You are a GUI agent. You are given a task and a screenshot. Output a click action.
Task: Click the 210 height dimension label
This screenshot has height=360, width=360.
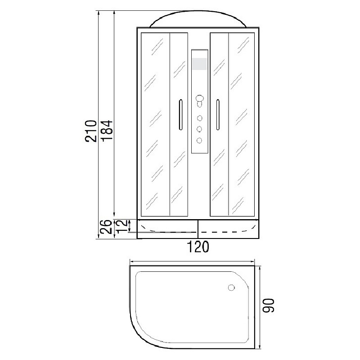(91, 131)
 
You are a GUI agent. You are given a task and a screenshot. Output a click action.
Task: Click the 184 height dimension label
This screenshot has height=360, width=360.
(107, 130)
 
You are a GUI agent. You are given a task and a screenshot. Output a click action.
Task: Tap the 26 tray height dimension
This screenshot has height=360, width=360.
(106, 227)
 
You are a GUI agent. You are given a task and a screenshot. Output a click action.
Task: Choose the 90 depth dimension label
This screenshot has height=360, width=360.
(269, 306)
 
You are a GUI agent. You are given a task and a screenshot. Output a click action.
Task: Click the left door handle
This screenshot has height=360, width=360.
(180, 115)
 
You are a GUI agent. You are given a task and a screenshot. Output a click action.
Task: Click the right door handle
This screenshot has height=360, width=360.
(218, 115)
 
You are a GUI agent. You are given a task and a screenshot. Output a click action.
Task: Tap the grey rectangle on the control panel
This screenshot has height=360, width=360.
(199, 64)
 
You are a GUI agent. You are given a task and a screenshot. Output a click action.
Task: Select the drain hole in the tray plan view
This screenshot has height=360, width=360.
(231, 288)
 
